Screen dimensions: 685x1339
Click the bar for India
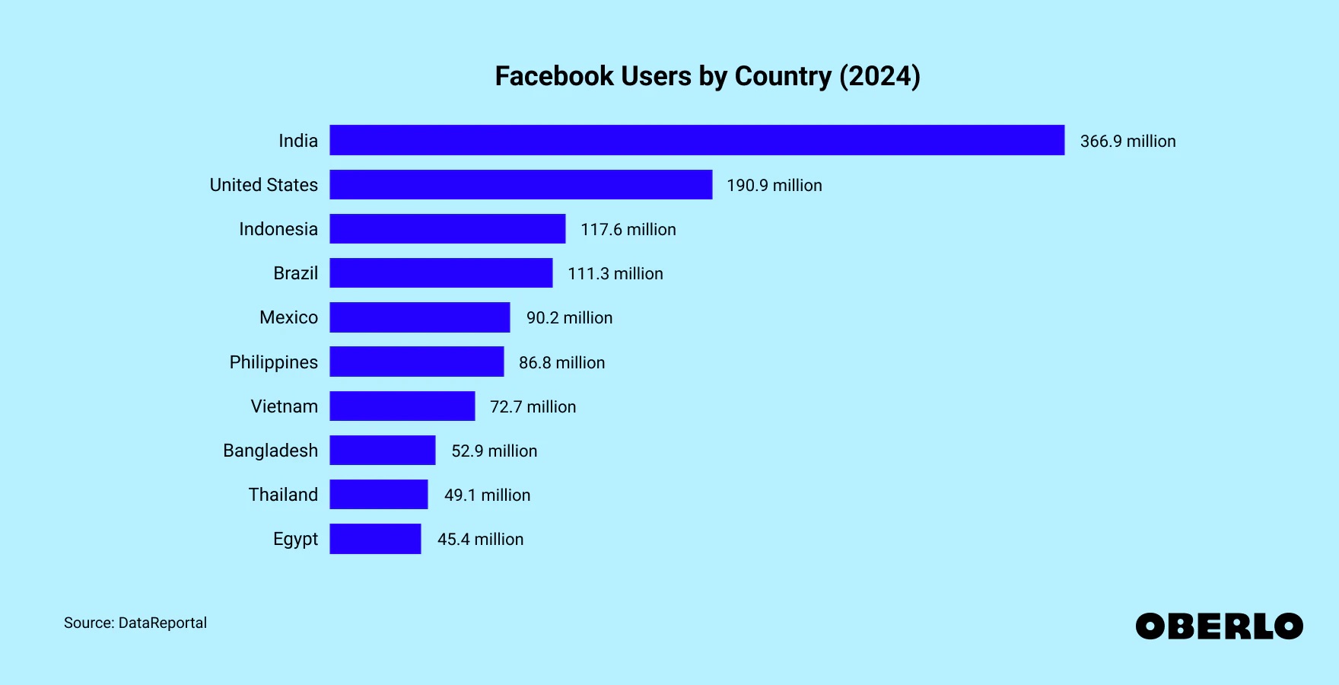click(x=696, y=140)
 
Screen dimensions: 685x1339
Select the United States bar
click(x=520, y=185)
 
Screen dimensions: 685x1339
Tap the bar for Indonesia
click(x=447, y=229)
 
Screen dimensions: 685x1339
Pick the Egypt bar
click(x=375, y=539)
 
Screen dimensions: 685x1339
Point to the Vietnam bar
click(x=402, y=406)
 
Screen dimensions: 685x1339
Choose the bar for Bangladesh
click(x=382, y=451)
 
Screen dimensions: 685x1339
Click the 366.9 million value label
click(x=1127, y=142)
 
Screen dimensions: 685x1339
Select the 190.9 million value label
click(x=774, y=186)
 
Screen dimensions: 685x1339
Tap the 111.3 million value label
click(x=615, y=274)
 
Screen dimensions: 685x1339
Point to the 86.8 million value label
click(x=561, y=363)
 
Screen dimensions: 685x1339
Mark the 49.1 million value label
click(x=487, y=495)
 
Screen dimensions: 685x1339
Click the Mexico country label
click(x=288, y=317)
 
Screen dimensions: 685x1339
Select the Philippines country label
click(x=273, y=362)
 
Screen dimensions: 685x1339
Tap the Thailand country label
click(x=283, y=495)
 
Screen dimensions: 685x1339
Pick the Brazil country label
click(x=295, y=273)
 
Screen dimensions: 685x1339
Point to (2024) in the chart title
click(x=879, y=76)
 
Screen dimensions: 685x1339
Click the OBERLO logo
click(x=1219, y=626)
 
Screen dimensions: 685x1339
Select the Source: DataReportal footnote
click(x=135, y=623)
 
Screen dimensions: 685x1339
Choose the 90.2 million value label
click(x=569, y=318)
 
